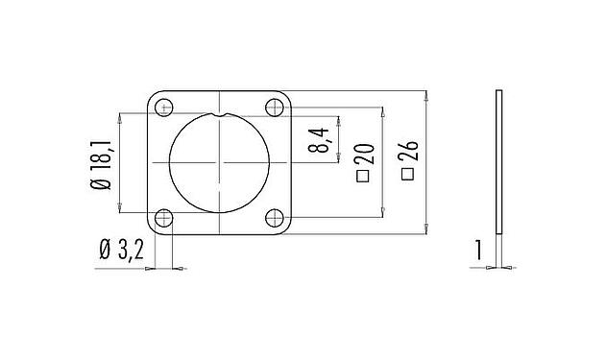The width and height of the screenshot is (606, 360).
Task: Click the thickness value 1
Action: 476,252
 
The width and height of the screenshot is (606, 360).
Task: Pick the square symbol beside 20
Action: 362,177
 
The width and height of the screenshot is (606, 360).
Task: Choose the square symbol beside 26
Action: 407,176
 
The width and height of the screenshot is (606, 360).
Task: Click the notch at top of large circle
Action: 220,115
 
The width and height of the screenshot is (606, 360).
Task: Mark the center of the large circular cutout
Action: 220,162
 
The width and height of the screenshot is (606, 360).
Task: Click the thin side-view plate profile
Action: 498,162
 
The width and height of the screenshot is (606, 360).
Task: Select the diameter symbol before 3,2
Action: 104,252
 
